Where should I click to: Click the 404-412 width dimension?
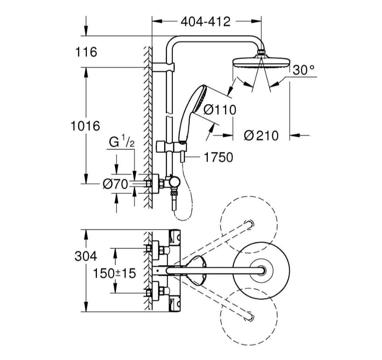205,22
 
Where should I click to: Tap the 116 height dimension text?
86,52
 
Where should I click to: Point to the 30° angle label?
304,71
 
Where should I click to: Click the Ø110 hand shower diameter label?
219,109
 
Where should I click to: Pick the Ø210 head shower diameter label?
261,136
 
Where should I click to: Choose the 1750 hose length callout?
218,157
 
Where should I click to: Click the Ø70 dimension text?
115,184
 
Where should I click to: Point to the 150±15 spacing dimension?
115,273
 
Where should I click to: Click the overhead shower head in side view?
261,63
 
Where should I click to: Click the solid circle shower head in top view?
261,271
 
